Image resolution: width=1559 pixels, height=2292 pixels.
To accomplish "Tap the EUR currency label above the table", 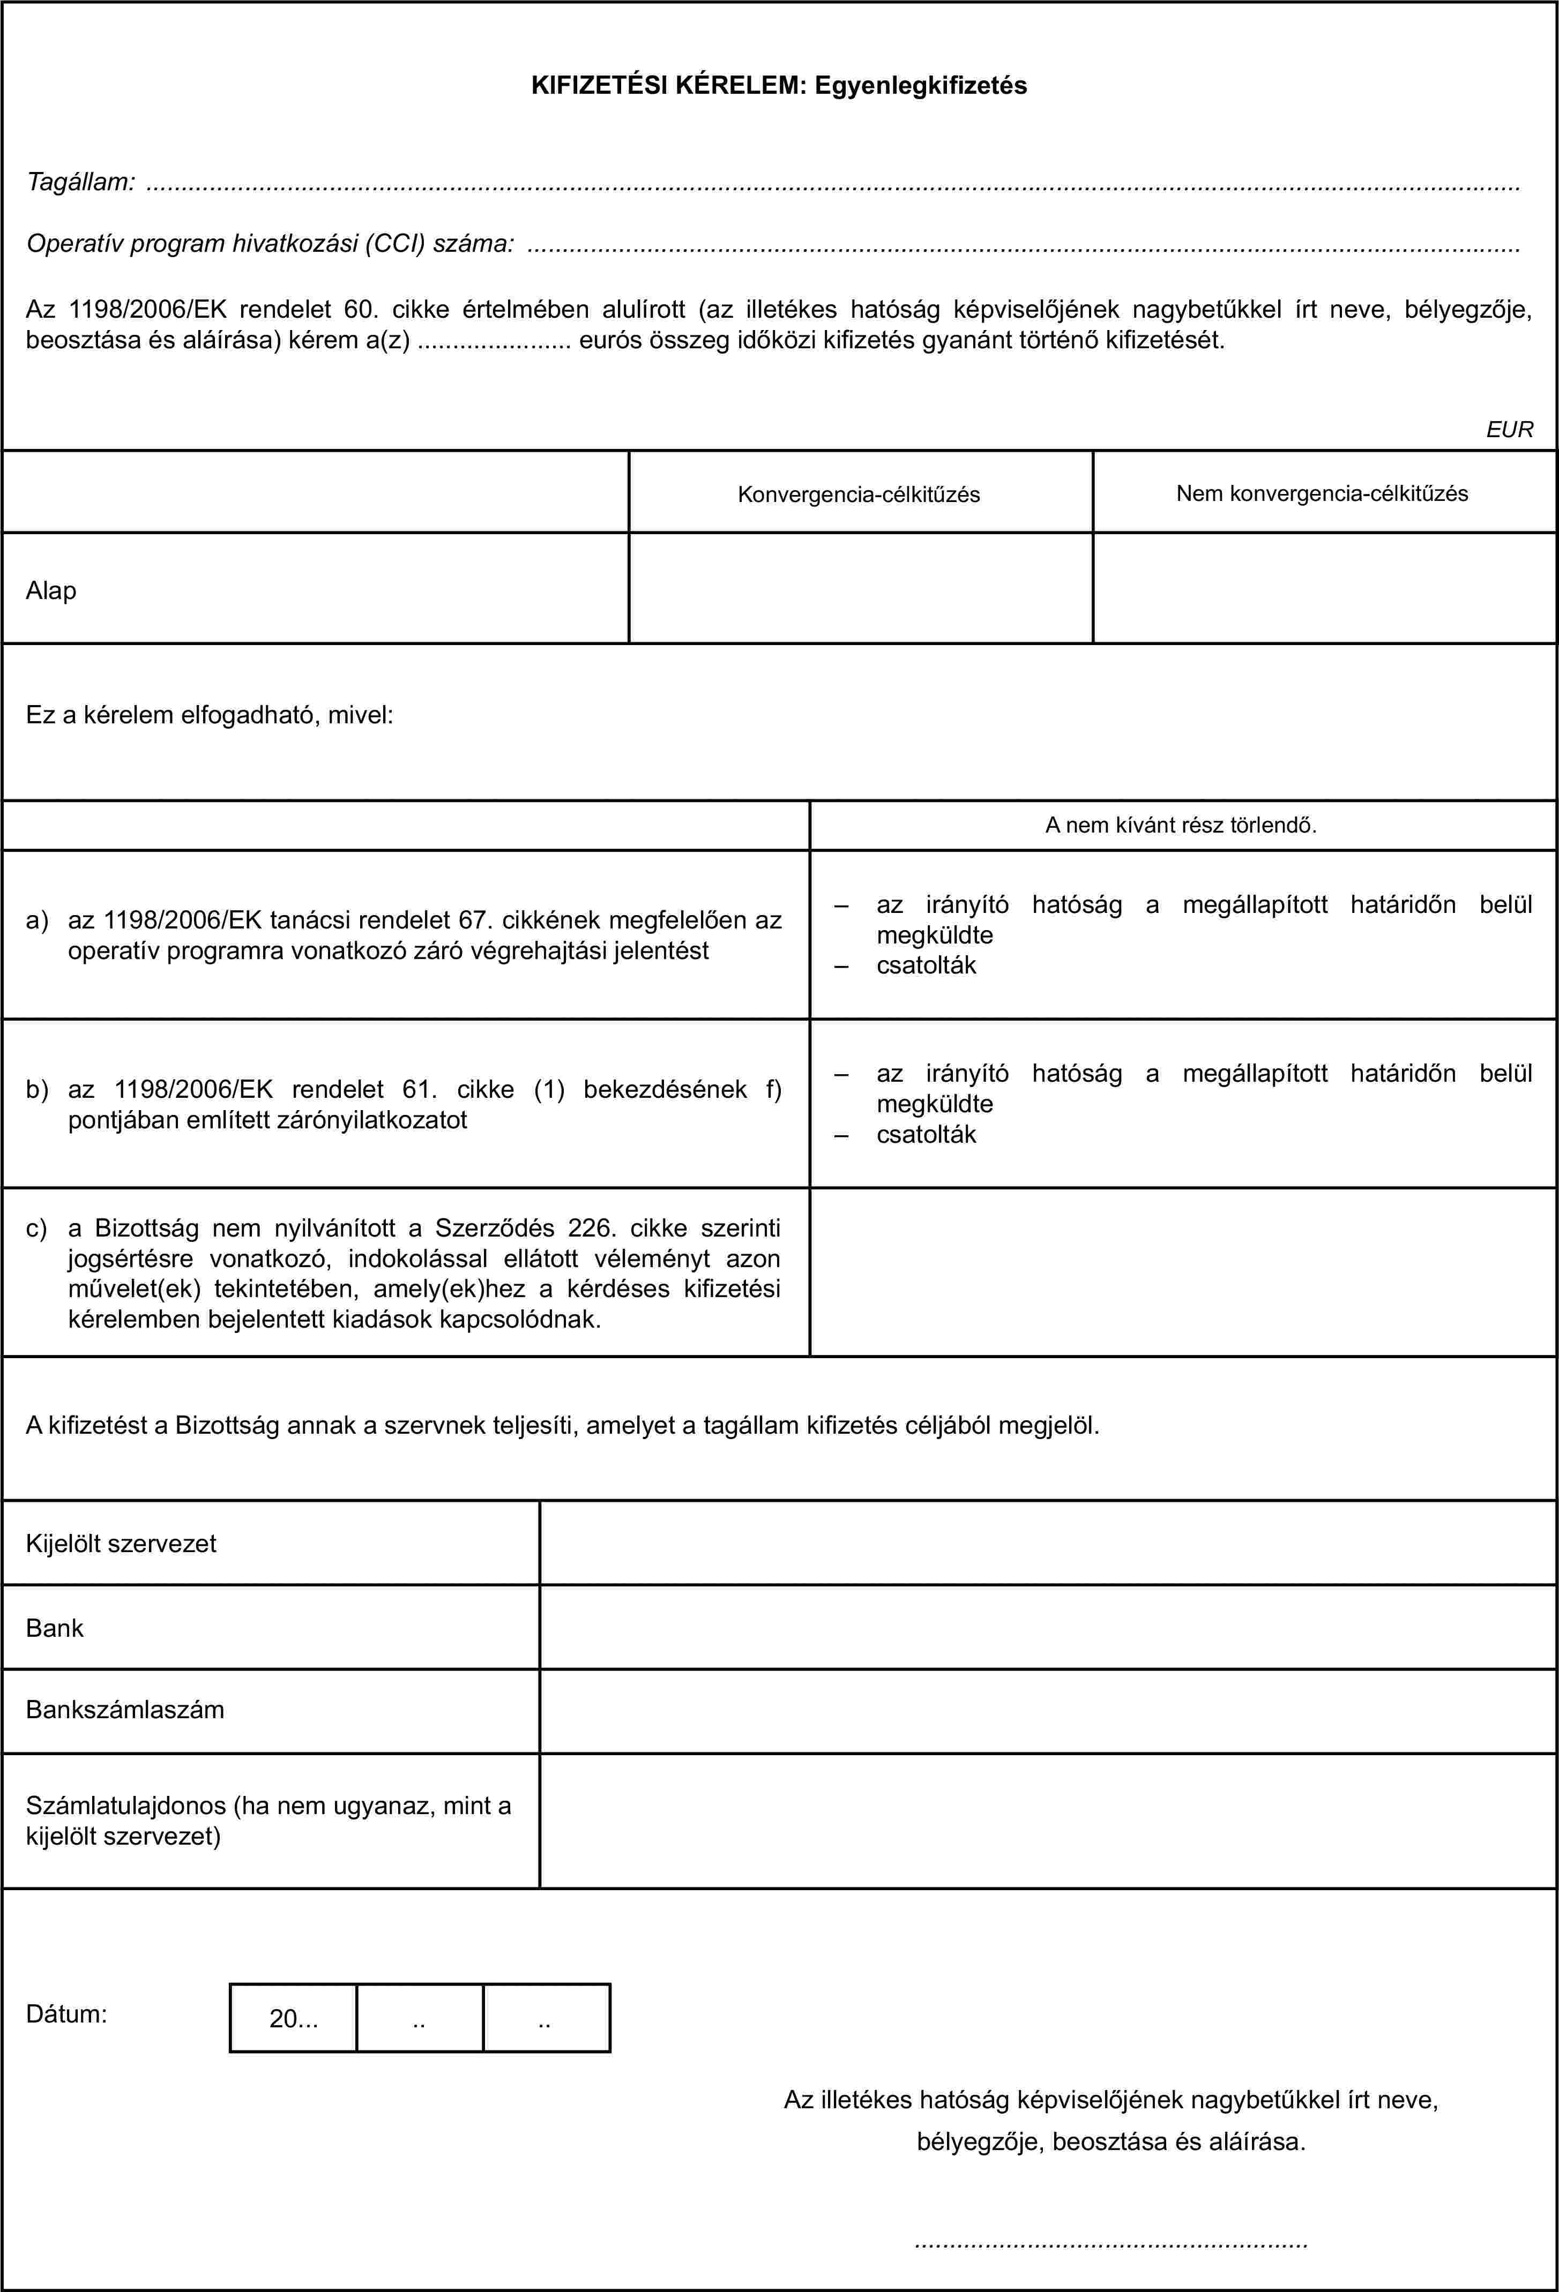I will (1510, 430).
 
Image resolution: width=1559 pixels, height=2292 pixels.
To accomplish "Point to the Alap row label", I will (51, 591).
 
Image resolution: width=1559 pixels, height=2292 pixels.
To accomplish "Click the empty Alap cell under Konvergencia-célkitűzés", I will (860, 589).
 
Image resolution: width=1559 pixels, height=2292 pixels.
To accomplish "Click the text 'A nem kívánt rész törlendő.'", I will (1181, 826).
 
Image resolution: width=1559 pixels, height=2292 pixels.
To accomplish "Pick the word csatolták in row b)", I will (927, 1134).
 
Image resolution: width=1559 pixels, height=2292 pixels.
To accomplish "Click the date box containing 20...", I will (293, 2019).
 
